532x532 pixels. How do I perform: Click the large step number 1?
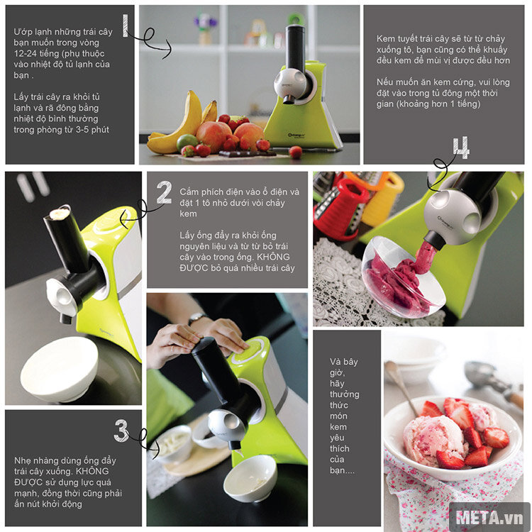tap(125, 26)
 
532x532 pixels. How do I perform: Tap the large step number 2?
tap(165, 192)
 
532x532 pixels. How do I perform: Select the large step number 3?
tap(121, 431)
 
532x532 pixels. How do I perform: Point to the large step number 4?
tap(462, 148)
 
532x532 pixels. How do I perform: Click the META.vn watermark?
tap(489, 518)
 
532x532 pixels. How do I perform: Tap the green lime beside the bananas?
tap(187, 142)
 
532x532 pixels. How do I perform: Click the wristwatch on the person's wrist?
tap(197, 318)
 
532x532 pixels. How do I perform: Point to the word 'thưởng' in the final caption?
tap(344, 394)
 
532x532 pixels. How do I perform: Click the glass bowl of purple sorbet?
tap(403, 277)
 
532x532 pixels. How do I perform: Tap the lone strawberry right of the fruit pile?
tap(296, 153)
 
